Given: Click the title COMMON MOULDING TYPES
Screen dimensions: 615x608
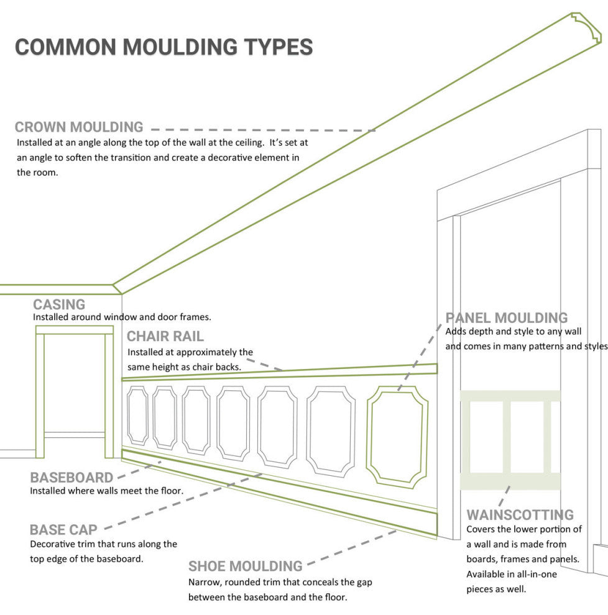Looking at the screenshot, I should (x=164, y=47).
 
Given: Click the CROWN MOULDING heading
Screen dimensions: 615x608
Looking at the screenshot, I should (x=79, y=127).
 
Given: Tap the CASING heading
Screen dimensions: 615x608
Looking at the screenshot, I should (x=59, y=304).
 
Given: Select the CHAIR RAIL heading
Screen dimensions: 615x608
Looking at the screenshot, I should (x=165, y=337).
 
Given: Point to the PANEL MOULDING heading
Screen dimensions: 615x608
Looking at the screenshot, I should (x=507, y=318).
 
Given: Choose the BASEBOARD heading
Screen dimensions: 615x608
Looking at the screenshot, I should (x=71, y=478).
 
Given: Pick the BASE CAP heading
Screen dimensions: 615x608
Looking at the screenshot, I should (x=63, y=530).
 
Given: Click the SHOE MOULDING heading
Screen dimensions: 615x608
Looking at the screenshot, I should (x=246, y=567).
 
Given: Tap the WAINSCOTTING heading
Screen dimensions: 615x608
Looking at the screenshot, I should (x=520, y=515).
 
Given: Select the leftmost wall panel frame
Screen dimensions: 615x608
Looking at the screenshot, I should (x=137, y=416).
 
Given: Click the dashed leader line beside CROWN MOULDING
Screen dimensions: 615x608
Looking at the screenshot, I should (x=261, y=130).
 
